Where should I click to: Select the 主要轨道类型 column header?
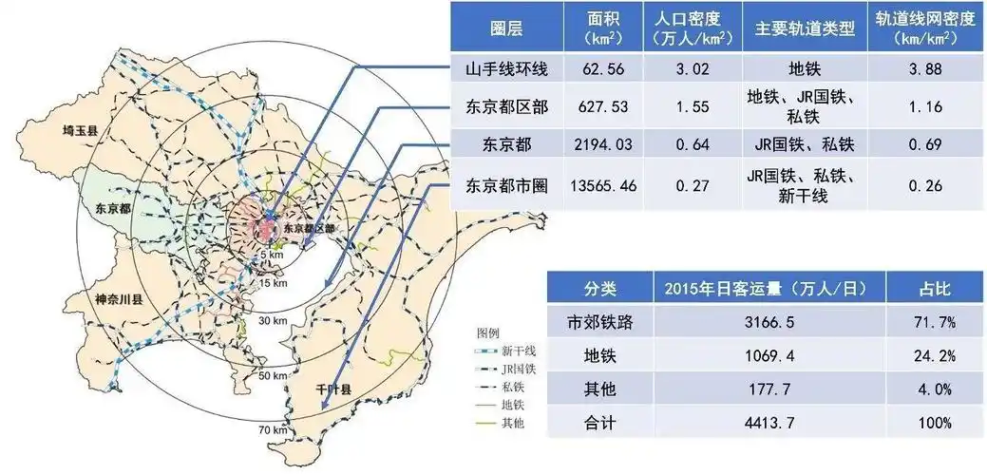click(805, 28)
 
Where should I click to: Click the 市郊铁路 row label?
click(598, 322)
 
